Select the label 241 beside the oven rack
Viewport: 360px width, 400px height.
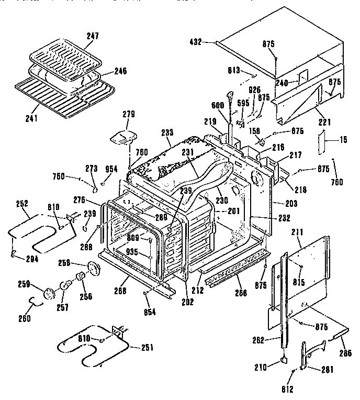tap(31, 118)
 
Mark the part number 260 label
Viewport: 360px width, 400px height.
tap(25, 317)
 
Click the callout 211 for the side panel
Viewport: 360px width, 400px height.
tap(296, 243)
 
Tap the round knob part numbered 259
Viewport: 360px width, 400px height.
tap(50, 292)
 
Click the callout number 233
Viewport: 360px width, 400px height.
tap(167, 132)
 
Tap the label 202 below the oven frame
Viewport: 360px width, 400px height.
tap(187, 302)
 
